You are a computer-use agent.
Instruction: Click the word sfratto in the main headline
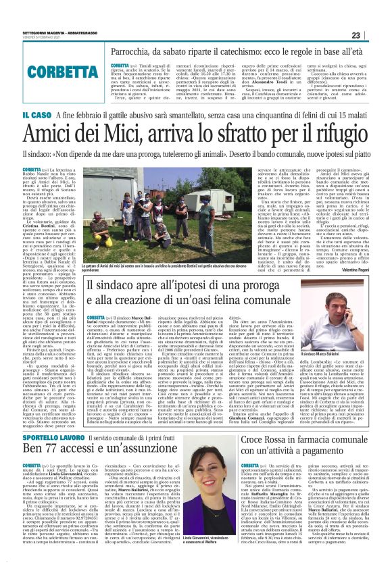coord(249,134)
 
